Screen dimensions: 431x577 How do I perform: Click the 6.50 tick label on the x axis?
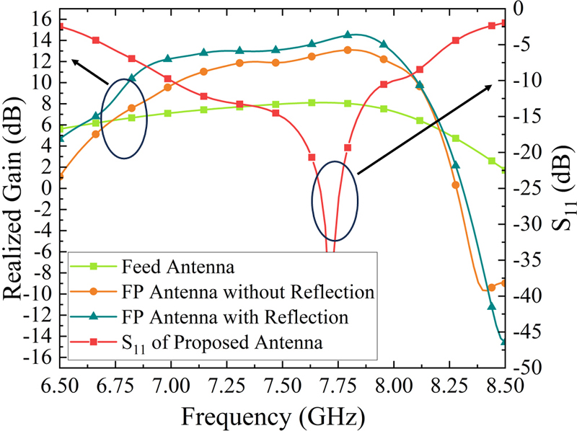[x=60, y=386]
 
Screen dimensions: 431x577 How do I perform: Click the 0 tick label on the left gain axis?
[x=48, y=188]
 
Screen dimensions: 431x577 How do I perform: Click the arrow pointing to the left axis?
[x=89, y=72]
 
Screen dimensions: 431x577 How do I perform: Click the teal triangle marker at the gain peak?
[x=348, y=35]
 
